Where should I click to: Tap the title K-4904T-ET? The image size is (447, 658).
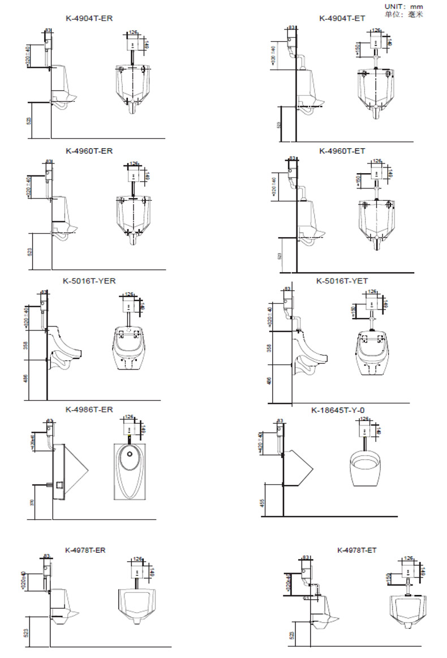[x=342, y=18]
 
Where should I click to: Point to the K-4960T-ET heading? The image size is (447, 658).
[x=342, y=151]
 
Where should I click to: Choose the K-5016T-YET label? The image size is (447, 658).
[x=342, y=281]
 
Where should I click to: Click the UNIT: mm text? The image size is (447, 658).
[x=403, y=6]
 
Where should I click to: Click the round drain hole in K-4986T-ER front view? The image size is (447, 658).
[x=130, y=453]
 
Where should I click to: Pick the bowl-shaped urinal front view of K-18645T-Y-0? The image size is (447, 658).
[x=368, y=468]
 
